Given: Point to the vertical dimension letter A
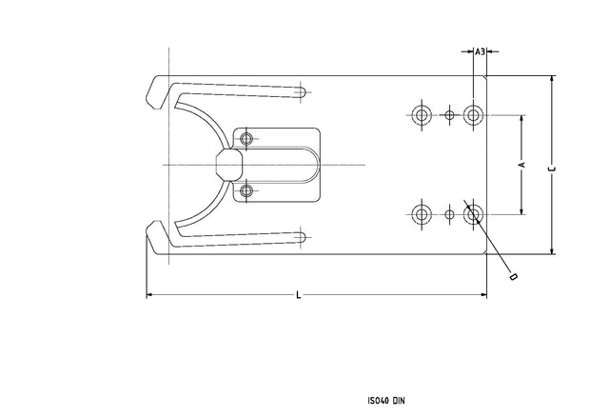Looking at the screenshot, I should (521, 166).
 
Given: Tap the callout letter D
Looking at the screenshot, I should (513, 277).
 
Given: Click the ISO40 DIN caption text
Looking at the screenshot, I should (385, 401).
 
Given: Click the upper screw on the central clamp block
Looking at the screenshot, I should (247, 140).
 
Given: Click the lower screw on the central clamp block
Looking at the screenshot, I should (247, 191).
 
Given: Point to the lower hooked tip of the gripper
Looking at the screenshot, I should (155, 236).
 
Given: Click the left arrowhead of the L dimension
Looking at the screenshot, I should (148, 296).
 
